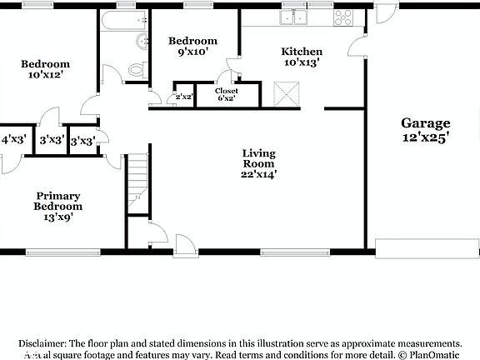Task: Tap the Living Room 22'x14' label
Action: pyautogui.click(x=259, y=163)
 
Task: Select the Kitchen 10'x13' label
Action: pyautogui.click(x=301, y=57)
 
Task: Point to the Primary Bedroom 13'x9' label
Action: pyautogui.click(x=58, y=207)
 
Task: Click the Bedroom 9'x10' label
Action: pyautogui.click(x=192, y=47)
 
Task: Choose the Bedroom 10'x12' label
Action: pyautogui.click(x=45, y=69)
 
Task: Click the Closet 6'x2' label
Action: pyautogui.click(x=227, y=94)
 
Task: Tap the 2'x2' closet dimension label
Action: pyautogui.click(x=182, y=97)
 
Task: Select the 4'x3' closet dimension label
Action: pyautogui.click(x=14, y=140)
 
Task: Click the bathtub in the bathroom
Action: pyautogui.click(x=124, y=20)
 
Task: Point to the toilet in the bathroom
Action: pyautogui.click(x=142, y=70)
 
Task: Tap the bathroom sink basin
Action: pyautogui.click(x=142, y=42)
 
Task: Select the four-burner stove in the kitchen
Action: pyautogui.click(x=342, y=16)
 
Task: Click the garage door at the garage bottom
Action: pyautogui.click(x=426, y=248)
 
